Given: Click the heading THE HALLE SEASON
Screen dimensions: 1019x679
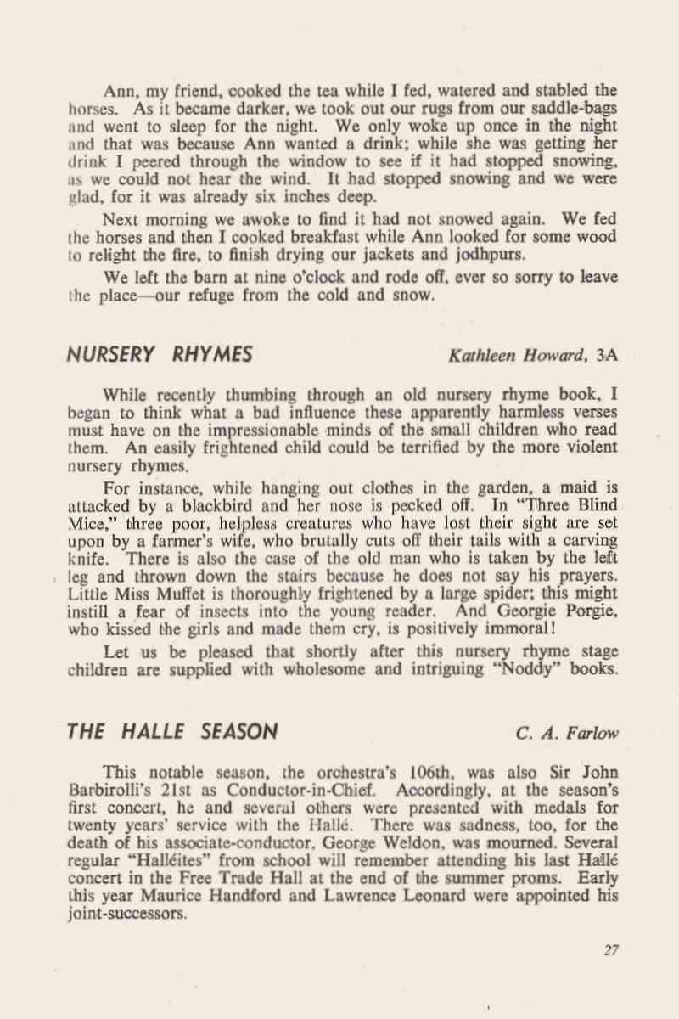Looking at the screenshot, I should [x=172, y=731].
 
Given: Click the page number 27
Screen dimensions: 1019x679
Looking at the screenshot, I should [x=611, y=950].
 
